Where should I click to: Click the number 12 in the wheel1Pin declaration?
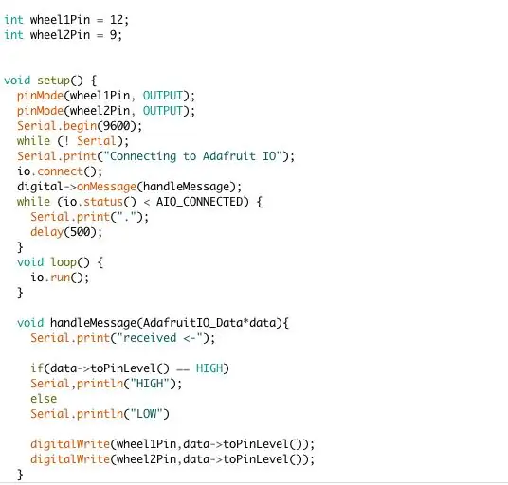pos(117,20)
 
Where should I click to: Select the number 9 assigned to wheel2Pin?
pos(114,35)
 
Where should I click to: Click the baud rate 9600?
pos(114,126)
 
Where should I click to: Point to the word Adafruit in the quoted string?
pos(229,156)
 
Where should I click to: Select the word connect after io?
pos(61,171)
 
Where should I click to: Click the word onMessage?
pos(106,187)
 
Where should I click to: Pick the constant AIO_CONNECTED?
pos(199,202)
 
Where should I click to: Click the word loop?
pos(63,262)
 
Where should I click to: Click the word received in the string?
pos(150,338)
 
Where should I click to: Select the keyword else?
pos(44,399)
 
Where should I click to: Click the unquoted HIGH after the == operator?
pos(209,368)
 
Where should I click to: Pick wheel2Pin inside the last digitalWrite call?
pos(147,459)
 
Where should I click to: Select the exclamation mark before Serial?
pos(66,141)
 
